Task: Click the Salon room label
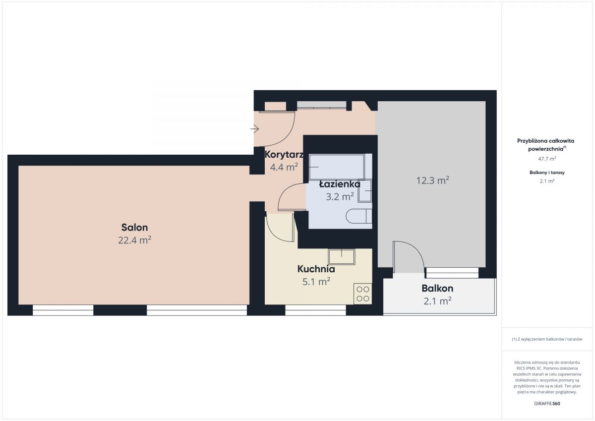pyautogui.click(x=134, y=228)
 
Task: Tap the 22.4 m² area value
pyautogui.click(x=135, y=240)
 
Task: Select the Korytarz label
pyautogui.click(x=284, y=155)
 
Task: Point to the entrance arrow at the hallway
pyautogui.click(x=254, y=129)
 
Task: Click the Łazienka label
pyautogui.click(x=340, y=184)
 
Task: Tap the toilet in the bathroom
pyautogui.click(x=359, y=216)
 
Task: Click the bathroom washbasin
pyautogui.click(x=365, y=191)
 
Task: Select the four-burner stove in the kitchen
pyautogui.click(x=362, y=294)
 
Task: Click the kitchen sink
pyautogui.click(x=342, y=257)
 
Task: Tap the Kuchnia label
pyautogui.click(x=316, y=269)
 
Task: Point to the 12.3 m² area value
pyautogui.click(x=433, y=180)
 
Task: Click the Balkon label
pyautogui.click(x=437, y=288)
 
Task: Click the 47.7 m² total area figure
pyautogui.click(x=547, y=159)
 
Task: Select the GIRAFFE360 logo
pyautogui.click(x=547, y=404)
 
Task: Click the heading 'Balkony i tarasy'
pyautogui.click(x=547, y=173)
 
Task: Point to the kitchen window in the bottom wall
pyautogui.click(x=315, y=310)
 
